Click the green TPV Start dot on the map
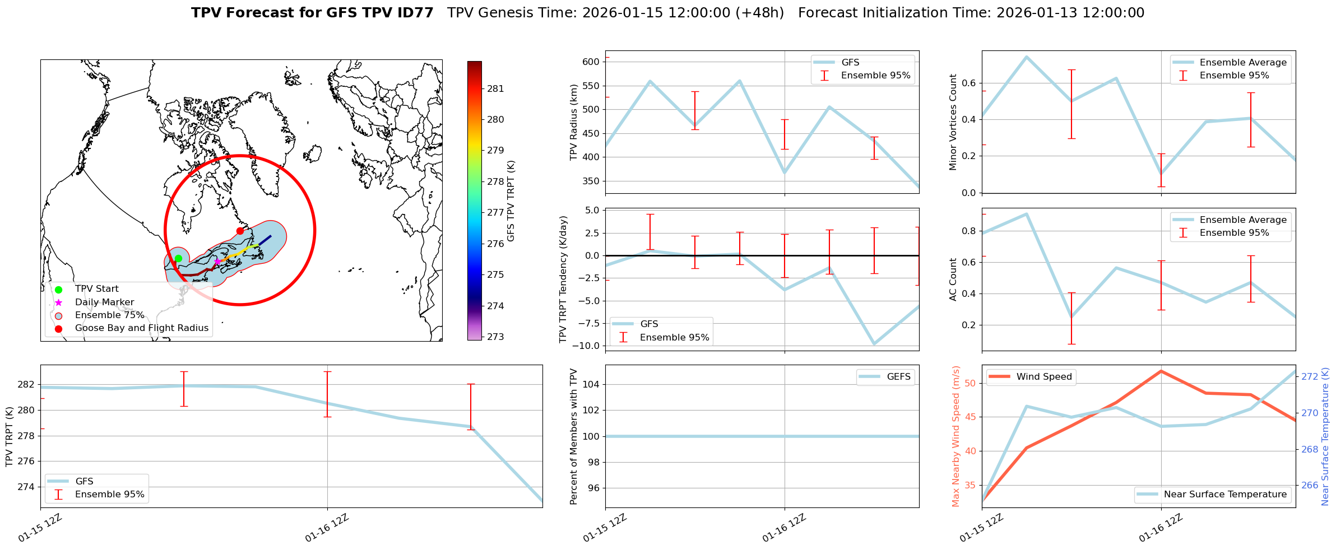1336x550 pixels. pos(178,258)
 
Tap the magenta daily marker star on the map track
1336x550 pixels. pos(217,262)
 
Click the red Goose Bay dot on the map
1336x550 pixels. pos(240,231)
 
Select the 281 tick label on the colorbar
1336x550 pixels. pos(495,88)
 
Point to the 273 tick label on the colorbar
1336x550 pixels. pos(495,337)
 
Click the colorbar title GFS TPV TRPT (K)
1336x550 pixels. pos(511,201)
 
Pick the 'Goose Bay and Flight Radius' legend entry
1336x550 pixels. pos(141,328)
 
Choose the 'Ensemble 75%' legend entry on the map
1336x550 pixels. pos(109,315)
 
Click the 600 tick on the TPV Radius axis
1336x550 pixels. pos(591,62)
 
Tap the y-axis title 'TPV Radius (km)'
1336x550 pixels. pos(573,122)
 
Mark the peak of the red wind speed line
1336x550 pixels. pos(1161,371)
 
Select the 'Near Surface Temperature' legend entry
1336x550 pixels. pos(1224,495)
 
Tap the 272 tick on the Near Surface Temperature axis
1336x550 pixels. pos(1310,376)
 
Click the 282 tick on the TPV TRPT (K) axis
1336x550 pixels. pos(27,385)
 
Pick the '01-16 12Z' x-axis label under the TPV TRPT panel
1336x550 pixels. pos(327,528)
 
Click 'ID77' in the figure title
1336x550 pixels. pos(414,13)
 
